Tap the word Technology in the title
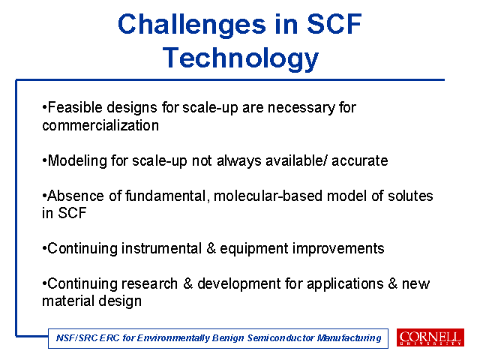pyautogui.click(x=241, y=58)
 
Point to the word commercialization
pyautogui.click(x=100, y=125)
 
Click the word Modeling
pyautogui.click(x=77, y=161)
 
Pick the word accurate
pyautogui.click(x=360, y=161)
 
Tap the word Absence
pyautogui.click(x=76, y=196)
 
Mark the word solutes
pyautogui.click(x=410, y=196)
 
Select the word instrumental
pyautogui.click(x=161, y=248)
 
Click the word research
pyautogui.click(x=150, y=283)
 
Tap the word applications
pyautogui.click(x=345, y=284)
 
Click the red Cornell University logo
pyautogui.click(x=430, y=337)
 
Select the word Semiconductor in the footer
pyautogui.click(x=280, y=338)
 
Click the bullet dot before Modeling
pyautogui.click(x=45, y=161)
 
